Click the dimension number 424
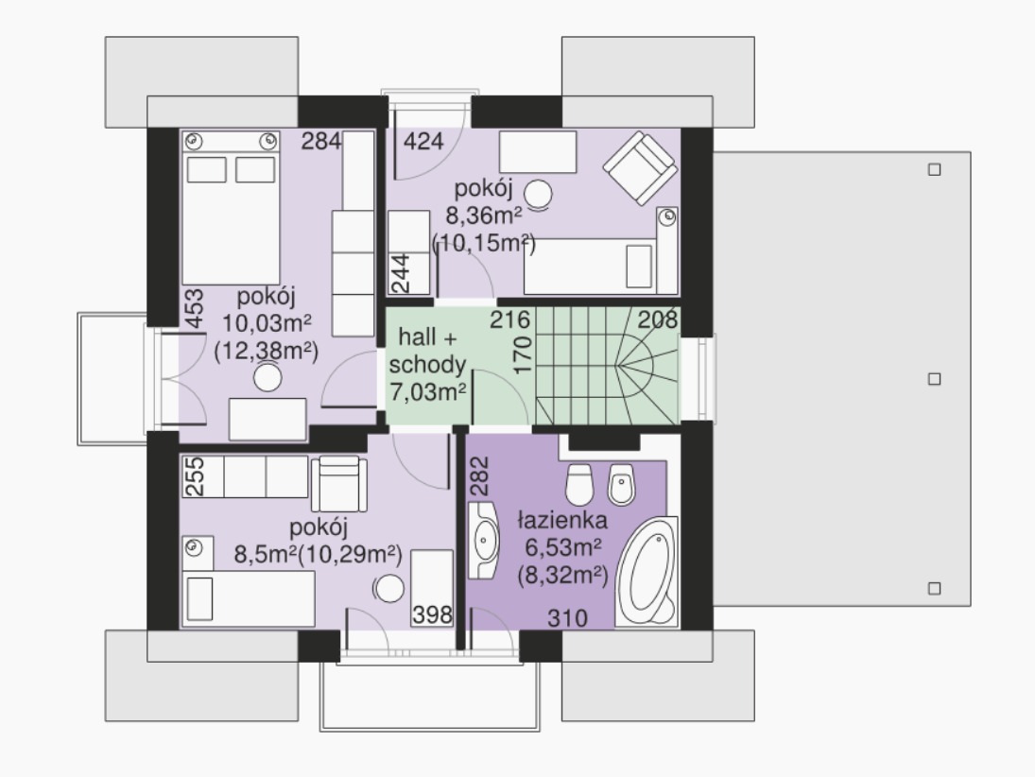[x=423, y=141]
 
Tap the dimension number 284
[x=321, y=141]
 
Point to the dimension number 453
[x=194, y=308]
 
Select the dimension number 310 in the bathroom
[x=568, y=618]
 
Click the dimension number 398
[x=432, y=614]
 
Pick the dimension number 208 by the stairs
[x=658, y=319]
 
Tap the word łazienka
[x=562, y=520]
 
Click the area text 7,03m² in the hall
[x=428, y=392]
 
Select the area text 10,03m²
[x=267, y=323]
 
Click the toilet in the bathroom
[x=579, y=483]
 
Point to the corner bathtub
[x=647, y=572]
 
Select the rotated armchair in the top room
[x=640, y=167]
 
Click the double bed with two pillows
[x=231, y=208]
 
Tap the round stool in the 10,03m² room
[x=268, y=378]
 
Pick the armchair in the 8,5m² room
[x=338, y=484]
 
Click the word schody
[x=427, y=365]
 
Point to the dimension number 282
[x=480, y=476]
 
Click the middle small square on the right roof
[x=934, y=379]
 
